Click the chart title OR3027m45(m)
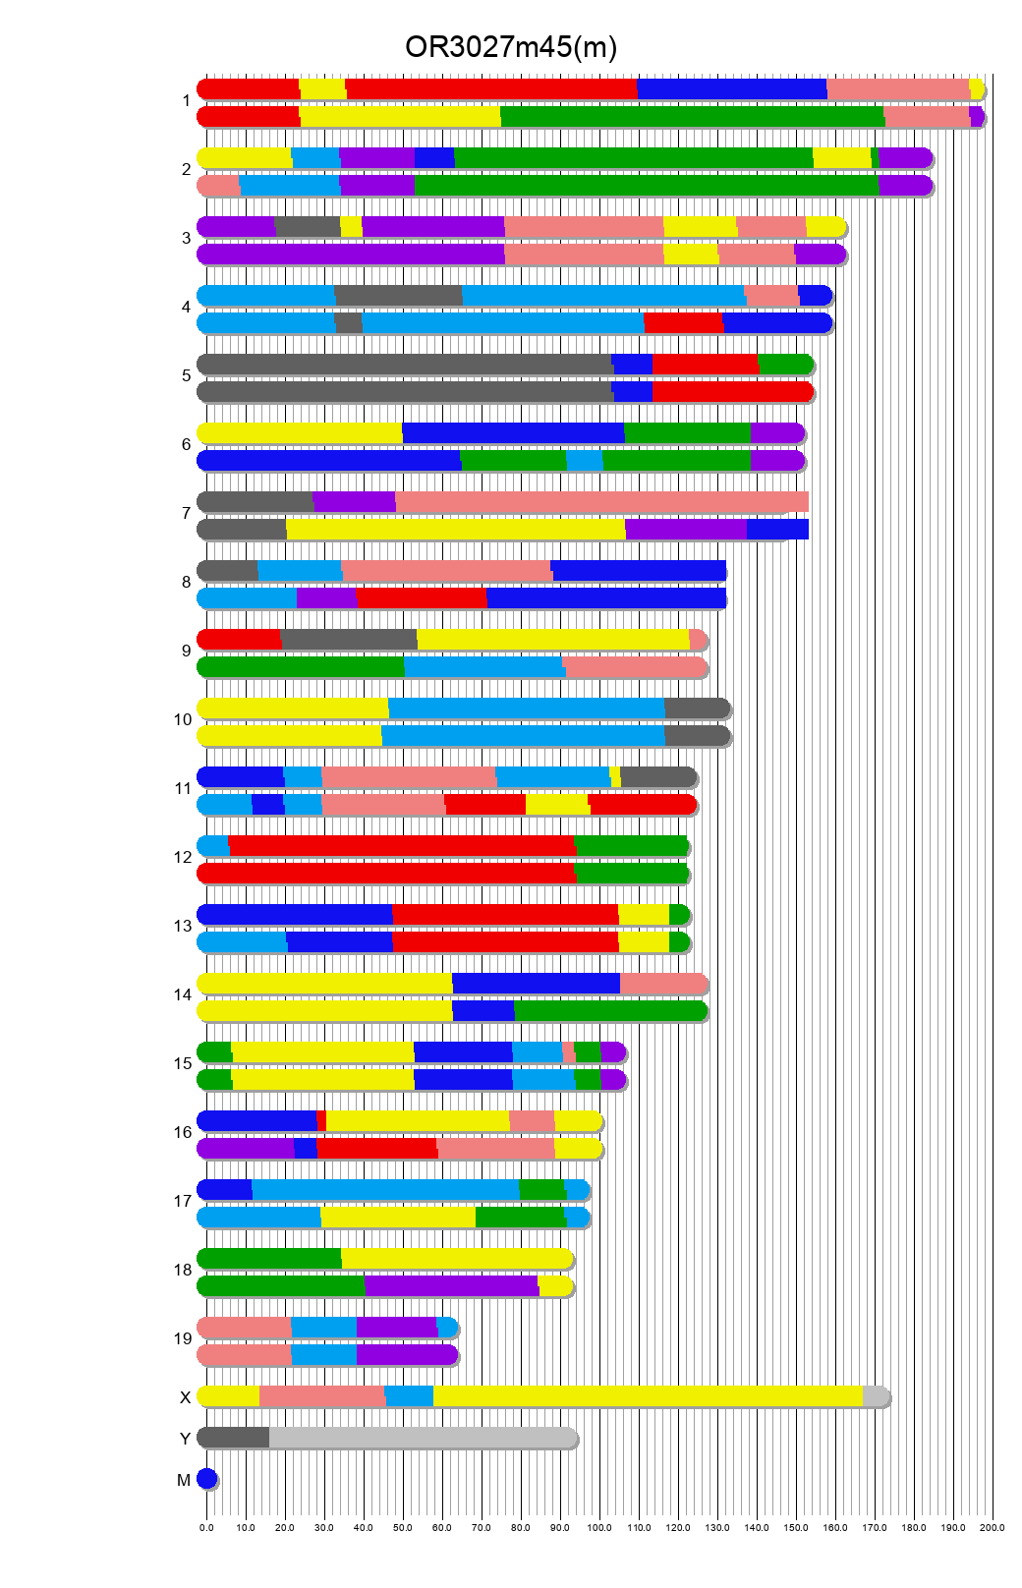(x=510, y=47)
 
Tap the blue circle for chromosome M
(x=206, y=1479)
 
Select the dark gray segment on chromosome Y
(x=234, y=1438)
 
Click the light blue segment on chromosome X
(x=409, y=1396)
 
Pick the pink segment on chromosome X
(x=321, y=1396)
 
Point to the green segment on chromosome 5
(x=784, y=365)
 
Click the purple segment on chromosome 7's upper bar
(x=354, y=502)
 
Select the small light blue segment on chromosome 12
(x=213, y=846)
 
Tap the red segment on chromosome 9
(x=239, y=640)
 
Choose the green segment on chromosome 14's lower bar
(x=609, y=1011)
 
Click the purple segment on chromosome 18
(x=451, y=1286)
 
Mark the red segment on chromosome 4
(x=683, y=323)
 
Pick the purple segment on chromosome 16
(x=246, y=1149)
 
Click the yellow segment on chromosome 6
(x=300, y=433)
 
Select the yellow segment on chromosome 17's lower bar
(x=398, y=1218)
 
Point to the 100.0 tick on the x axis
(x=599, y=1528)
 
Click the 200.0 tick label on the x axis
(x=992, y=1528)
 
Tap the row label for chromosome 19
(x=183, y=1338)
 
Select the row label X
(x=185, y=1397)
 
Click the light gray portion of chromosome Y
(x=423, y=1438)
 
